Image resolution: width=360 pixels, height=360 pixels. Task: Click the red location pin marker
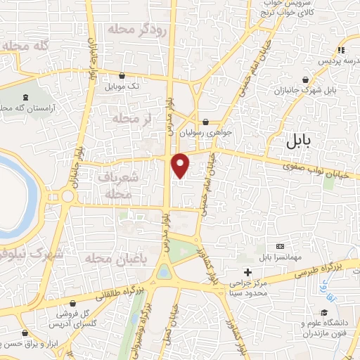(181, 165)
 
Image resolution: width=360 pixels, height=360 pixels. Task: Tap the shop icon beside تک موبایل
(123, 75)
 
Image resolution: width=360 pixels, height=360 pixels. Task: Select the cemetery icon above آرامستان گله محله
(26, 96)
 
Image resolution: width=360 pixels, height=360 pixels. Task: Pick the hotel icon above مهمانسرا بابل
(281, 247)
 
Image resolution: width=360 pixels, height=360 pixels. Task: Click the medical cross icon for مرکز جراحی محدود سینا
(247, 271)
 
